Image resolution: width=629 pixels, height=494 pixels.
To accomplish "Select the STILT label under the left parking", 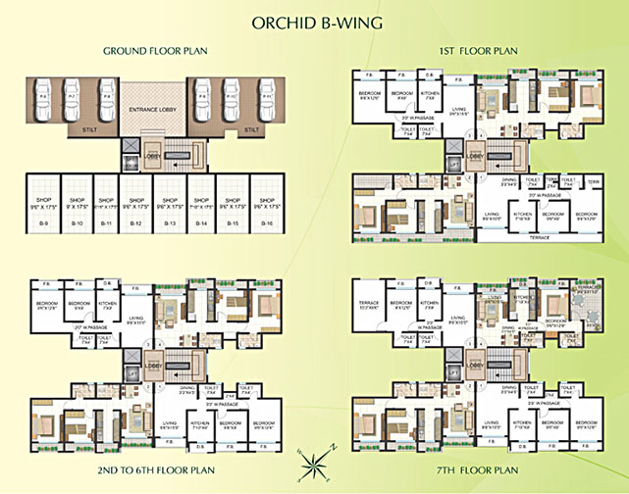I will click(77, 128).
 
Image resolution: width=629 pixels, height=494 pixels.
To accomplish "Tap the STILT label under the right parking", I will click(251, 128).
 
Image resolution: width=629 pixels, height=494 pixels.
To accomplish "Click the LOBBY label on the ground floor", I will click(152, 155).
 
